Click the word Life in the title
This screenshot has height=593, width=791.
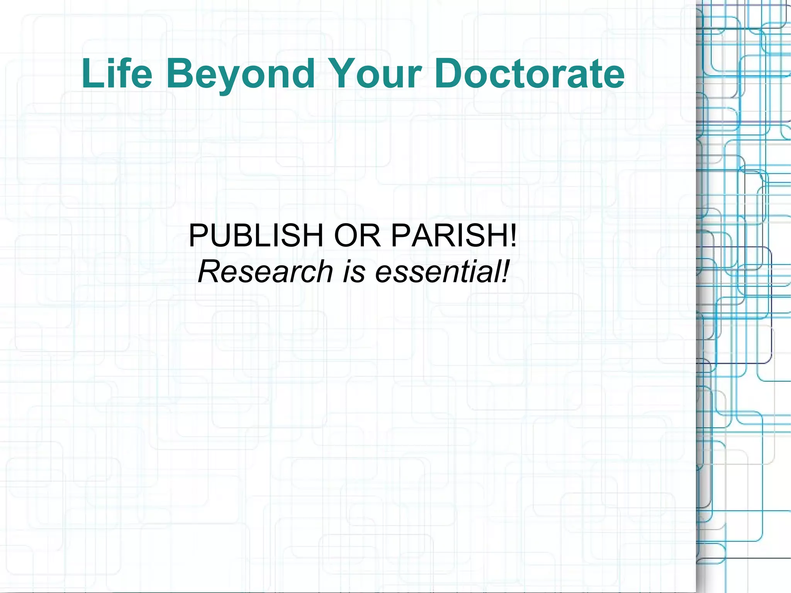pos(117,73)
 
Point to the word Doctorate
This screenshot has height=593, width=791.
pos(529,73)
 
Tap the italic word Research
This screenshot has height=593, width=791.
pos(265,271)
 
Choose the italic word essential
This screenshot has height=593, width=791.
pos(436,271)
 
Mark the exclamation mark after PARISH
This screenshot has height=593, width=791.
pos(513,236)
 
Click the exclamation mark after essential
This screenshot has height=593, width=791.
pos(505,271)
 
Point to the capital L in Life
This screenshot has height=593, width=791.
pos(91,73)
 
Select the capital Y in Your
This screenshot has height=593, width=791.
pos(345,73)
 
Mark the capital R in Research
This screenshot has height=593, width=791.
pos(210,271)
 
